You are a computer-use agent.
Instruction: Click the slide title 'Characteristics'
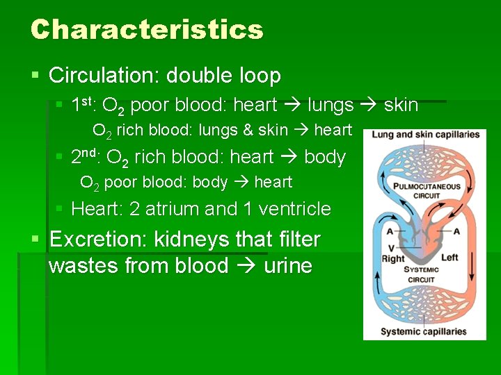(147, 30)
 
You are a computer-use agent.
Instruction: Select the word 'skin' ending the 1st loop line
(401, 106)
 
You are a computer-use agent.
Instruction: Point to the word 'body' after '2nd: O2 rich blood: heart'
(325, 157)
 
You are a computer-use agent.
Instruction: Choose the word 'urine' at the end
(288, 265)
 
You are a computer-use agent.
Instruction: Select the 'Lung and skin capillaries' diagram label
(425, 134)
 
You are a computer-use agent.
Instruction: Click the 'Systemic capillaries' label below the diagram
(423, 331)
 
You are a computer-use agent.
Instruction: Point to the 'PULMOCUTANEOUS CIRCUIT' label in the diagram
(427, 191)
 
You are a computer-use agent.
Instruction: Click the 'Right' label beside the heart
(394, 258)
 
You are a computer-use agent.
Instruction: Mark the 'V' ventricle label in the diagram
(392, 247)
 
